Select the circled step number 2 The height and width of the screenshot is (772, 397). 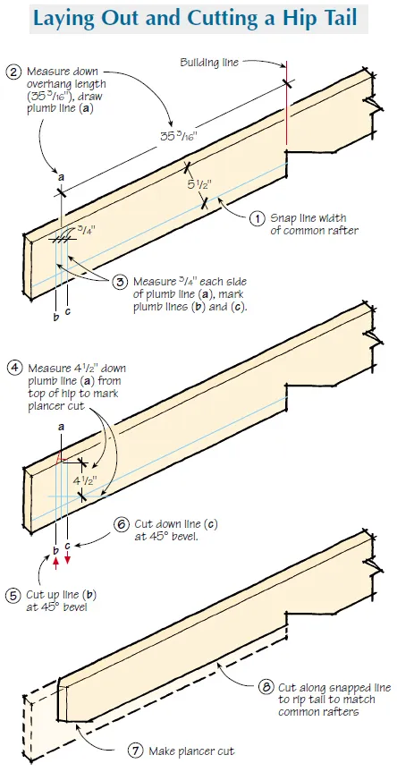(12, 72)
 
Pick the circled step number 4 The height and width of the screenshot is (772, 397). (13, 366)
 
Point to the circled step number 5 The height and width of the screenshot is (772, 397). (13, 594)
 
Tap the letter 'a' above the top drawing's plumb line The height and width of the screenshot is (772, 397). (61, 177)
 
